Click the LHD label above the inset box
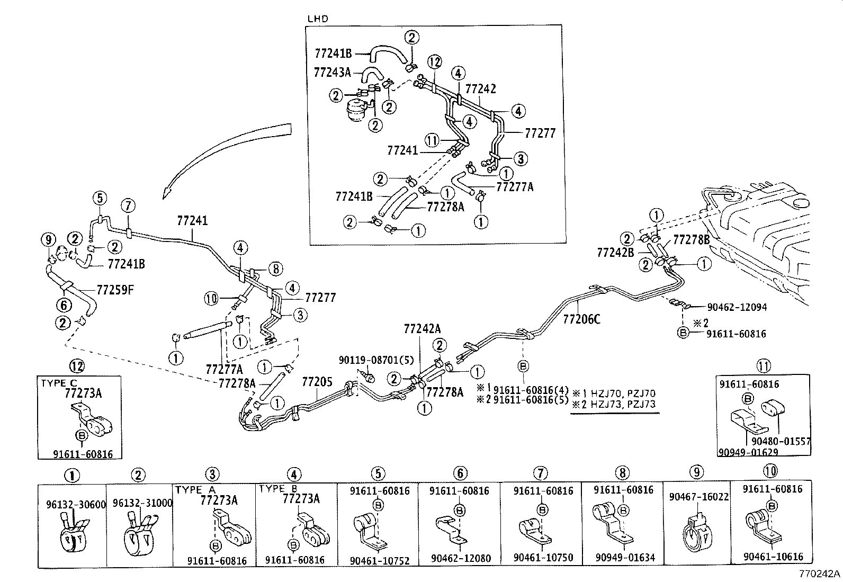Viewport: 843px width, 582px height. pyautogui.click(x=318, y=19)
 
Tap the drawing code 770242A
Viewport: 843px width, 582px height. pyautogui.click(x=820, y=574)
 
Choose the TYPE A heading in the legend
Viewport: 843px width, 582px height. pyautogui.click(x=195, y=490)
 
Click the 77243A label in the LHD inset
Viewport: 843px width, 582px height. pyautogui.click(x=332, y=72)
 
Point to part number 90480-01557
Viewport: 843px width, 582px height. pyautogui.click(x=781, y=441)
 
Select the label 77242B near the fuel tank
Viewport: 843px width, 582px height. pyautogui.click(x=615, y=253)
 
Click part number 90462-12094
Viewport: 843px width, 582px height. pyautogui.click(x=737, y=307)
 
